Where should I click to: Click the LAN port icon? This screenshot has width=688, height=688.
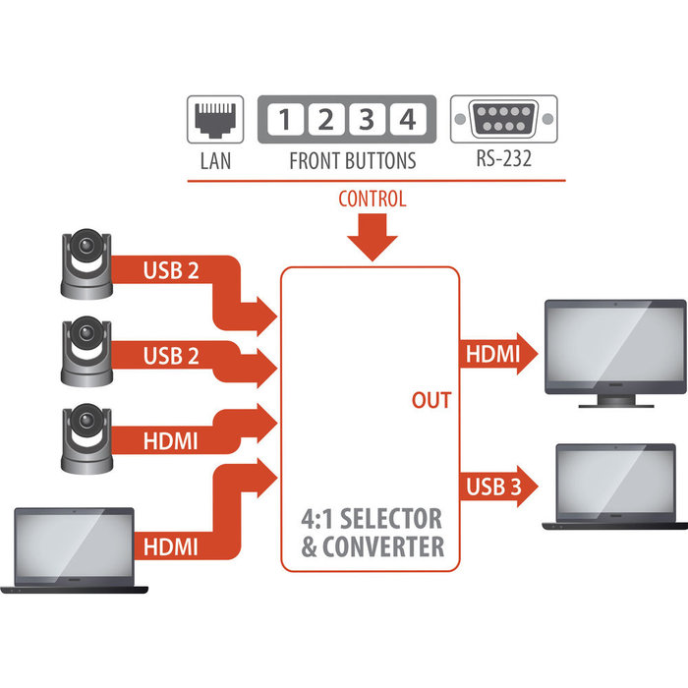215,121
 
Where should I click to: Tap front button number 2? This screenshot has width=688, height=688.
324,121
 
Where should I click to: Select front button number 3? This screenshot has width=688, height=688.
365,121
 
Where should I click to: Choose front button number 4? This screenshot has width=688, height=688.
404,121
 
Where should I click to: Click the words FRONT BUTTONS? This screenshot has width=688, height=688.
352,160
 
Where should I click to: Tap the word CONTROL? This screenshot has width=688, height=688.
372,200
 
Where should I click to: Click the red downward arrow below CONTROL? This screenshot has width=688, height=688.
372,240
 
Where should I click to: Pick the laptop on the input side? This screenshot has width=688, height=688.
74,550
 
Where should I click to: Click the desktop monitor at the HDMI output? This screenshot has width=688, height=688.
601,349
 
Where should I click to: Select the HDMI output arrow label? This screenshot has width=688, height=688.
490,354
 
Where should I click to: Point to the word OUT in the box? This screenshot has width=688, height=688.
430,400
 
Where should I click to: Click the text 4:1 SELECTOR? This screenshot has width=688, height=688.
372,518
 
